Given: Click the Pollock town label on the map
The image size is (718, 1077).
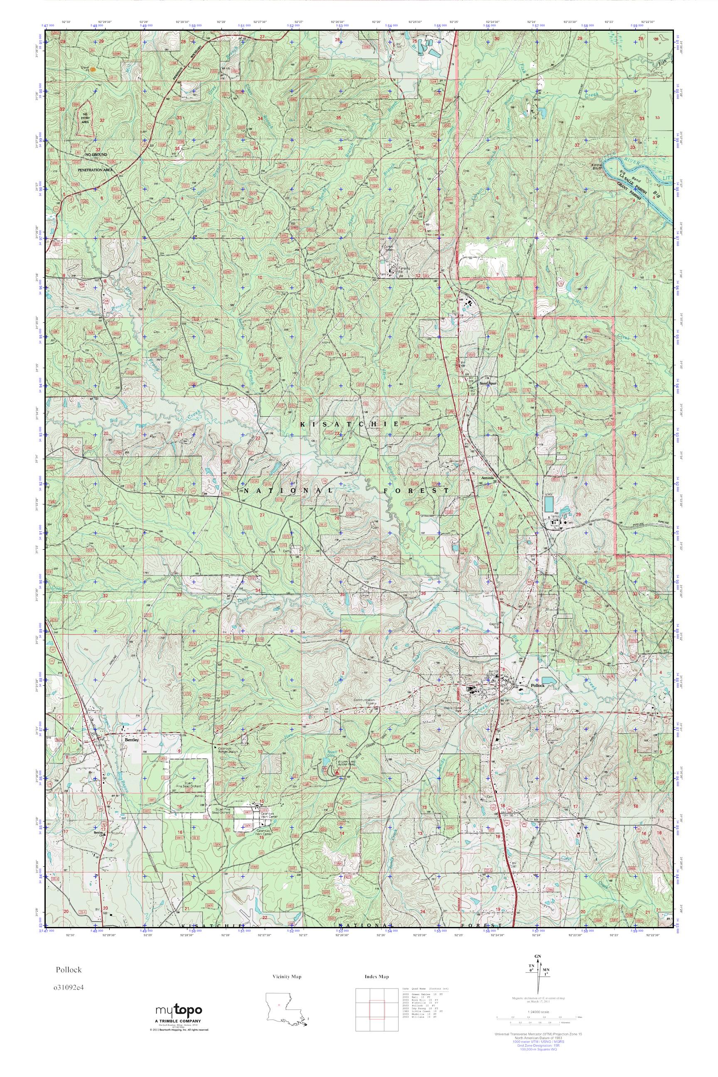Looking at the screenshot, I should click(x=536, y=686).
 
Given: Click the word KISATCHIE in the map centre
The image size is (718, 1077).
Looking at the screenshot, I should click(x=349, y=425).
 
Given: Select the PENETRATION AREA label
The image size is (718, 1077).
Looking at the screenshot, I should click(x=95, y=170).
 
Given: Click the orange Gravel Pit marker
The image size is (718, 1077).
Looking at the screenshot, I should click(x=93, y=70).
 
